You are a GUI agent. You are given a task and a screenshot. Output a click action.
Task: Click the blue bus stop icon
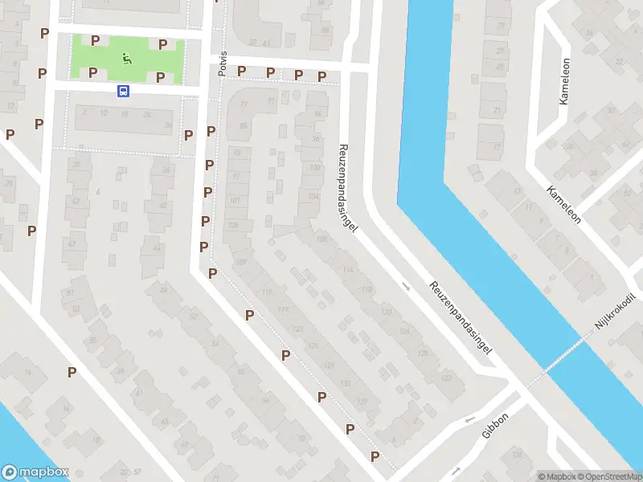(x=123, y=92)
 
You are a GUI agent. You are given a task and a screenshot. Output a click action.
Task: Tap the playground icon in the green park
(x=126, y=57)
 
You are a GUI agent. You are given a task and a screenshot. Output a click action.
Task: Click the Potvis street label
(x=223, y=63)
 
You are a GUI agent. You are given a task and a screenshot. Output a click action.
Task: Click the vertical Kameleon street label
(x=564, y=81)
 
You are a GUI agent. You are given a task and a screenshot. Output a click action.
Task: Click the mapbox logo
(x=35, y=472)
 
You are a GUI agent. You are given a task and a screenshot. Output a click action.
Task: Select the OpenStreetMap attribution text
(x=608, y=476)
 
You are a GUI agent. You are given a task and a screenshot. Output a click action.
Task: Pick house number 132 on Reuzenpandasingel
(x=447, y=377)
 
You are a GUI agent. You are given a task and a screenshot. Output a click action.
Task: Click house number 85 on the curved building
(x=243, y=125)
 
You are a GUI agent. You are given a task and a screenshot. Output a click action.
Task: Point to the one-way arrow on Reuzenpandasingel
(x=405, y=285)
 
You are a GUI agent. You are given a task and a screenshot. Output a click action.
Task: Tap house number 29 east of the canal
(x=502, y=27)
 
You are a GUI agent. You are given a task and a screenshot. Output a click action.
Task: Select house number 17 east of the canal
(x=499, y=147)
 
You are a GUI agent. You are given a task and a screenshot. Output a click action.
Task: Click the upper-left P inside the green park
(x=95, y=40)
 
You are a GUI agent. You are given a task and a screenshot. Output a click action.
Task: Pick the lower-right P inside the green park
(x=161, y=77)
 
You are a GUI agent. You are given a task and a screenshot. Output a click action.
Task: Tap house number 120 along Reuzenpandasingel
(x=386, y=311)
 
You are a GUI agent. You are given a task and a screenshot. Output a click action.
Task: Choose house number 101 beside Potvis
(x=235, y=200)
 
